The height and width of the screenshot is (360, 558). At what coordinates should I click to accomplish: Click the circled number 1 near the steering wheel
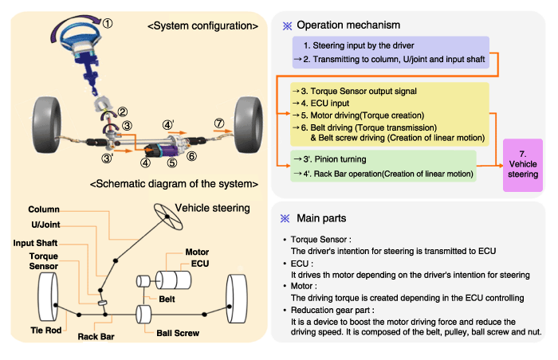click(x=108, y=23)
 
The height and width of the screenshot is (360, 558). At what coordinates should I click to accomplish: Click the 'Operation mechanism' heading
click(x=348, y=25)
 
